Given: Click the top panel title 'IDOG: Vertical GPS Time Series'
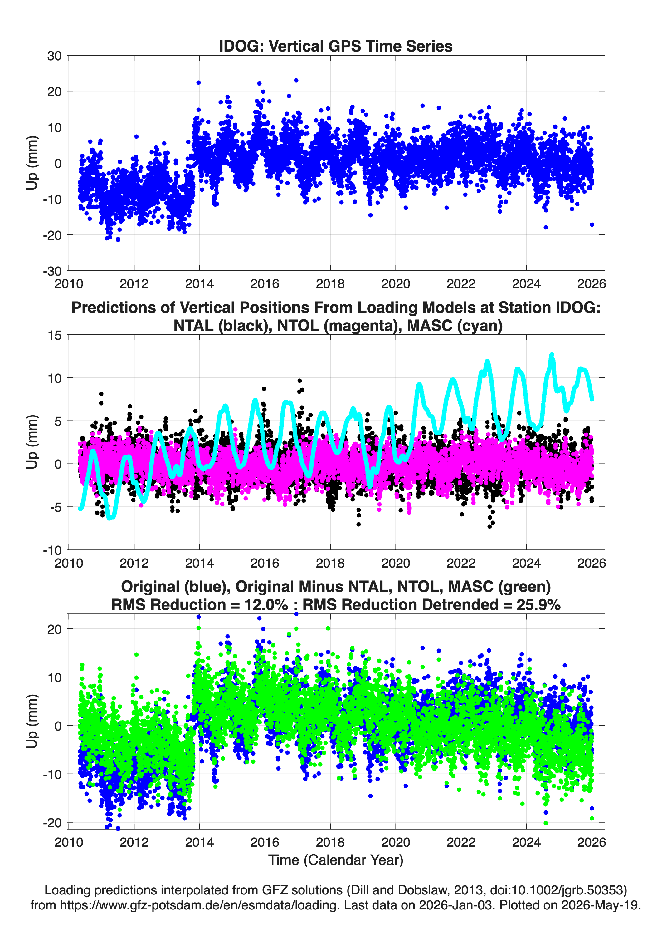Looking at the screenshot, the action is (336, 46).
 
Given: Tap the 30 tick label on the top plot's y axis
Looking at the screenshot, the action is (54, 56).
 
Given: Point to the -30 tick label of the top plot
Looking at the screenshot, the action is (52, 271).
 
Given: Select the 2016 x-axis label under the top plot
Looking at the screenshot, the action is (265, 284).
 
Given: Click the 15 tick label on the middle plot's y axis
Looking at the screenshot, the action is (55, 335).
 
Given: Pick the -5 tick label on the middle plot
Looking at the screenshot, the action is (56, 507).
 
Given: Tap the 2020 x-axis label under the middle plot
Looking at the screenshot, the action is (396, 563).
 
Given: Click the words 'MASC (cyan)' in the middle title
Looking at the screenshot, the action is (455, 326).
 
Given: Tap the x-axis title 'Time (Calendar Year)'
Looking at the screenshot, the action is (336, 860).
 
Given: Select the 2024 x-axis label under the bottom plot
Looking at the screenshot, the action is (526, 842).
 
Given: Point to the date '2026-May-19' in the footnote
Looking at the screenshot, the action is (600, 905).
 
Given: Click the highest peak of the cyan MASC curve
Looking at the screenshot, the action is (552, 355).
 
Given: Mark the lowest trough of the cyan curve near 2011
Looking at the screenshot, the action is (110, 518).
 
